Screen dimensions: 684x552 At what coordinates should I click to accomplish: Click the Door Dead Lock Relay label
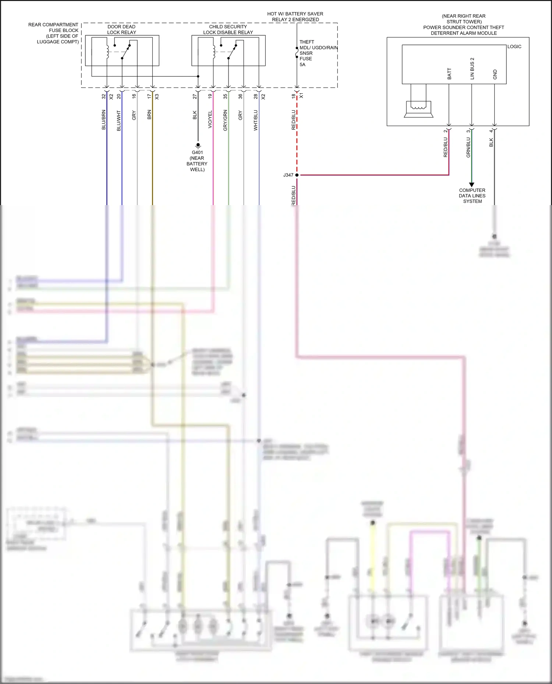pos(121,29)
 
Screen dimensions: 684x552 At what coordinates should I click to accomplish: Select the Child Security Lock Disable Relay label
pos(228,29)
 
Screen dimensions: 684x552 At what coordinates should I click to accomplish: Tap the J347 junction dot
pos(297,175)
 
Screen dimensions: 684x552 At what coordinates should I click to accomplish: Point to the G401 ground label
pos(197,161)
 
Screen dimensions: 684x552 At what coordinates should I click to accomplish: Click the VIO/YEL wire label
pos(210,119)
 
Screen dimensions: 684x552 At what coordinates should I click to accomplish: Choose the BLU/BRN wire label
pos(104,120)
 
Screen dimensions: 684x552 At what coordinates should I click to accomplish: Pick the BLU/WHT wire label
pos(119,121)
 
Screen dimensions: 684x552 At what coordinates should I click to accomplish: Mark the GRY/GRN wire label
pos(225,120)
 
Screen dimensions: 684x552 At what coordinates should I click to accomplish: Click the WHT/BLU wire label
pos(256,120)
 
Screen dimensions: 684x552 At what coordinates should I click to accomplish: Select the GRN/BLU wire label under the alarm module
pos(468,147)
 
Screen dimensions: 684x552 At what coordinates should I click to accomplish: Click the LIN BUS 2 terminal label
pos(472,69)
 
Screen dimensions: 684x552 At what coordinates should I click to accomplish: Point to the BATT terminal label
pos(449,74)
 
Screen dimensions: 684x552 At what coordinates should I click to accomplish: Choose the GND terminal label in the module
pos(495,75)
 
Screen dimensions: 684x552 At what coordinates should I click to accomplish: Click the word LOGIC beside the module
pos(514,47)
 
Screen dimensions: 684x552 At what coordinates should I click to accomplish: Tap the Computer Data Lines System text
pos(472,196)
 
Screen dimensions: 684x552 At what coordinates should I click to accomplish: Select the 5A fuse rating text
pos(302,65)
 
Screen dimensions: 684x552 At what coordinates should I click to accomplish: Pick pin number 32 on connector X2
pos(104,96)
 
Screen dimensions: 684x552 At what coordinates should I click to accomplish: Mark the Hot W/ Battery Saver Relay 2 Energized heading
pos(295,17)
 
